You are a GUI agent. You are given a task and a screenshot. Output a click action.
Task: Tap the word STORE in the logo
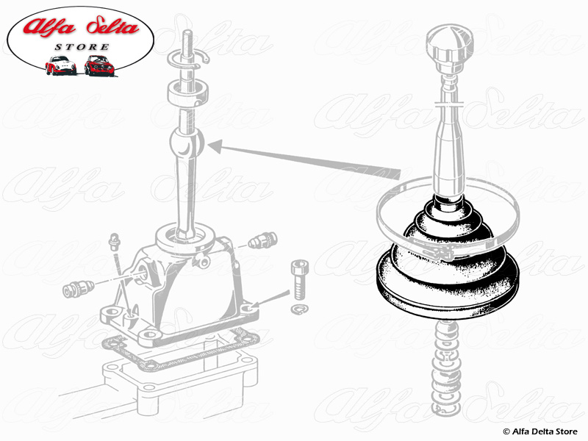[x=82, y=47]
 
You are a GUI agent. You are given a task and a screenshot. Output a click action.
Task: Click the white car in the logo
[x=60, y=65]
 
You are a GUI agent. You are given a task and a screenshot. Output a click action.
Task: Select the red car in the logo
[x=99, y=65]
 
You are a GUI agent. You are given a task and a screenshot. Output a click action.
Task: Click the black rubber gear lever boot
[x=448, y=259]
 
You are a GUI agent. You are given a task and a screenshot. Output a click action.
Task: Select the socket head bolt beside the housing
[x=300, y=279]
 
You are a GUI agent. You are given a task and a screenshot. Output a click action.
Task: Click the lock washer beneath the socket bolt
[x=300, y=309]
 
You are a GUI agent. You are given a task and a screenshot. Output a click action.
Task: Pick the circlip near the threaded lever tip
[x=187, y=60]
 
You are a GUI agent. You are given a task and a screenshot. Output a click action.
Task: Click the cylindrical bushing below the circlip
[x=187, y=94]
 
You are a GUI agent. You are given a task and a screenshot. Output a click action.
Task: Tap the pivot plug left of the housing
[x=78, y=289]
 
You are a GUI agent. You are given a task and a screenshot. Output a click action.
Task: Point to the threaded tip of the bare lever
[x=187, y=41]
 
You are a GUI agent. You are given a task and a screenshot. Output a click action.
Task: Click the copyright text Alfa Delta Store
[x=540, y=431]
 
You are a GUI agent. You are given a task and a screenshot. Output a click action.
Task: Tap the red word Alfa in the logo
[x=49, y=26]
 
